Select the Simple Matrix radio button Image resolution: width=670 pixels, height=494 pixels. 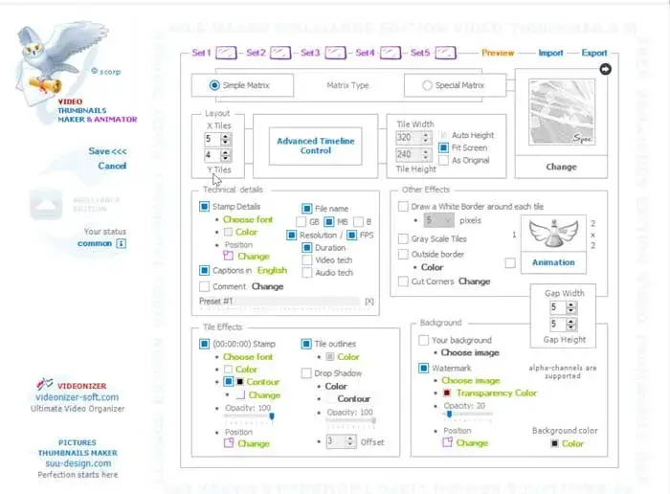click(212, 85)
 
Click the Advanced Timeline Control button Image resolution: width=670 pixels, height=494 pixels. click(315, 146)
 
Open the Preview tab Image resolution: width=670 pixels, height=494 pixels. click(498, 54)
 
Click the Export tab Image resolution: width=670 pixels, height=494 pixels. click(594, 54)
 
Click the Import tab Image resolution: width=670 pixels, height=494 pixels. click(550, 54)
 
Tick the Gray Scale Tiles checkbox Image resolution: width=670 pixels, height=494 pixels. click(404, 238)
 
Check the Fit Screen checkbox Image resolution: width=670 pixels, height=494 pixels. click(444, 148)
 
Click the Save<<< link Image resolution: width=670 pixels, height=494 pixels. click(107, 151)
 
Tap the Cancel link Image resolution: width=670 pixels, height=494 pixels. click(112, 166)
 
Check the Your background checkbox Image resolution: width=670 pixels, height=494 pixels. click(424, 340)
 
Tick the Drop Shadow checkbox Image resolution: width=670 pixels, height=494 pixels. click(306, 373)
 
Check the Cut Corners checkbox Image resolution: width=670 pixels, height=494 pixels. click(404, 281)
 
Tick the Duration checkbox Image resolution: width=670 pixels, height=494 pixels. click(307, 248)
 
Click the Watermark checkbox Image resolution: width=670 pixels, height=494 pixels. click(424, 368)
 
